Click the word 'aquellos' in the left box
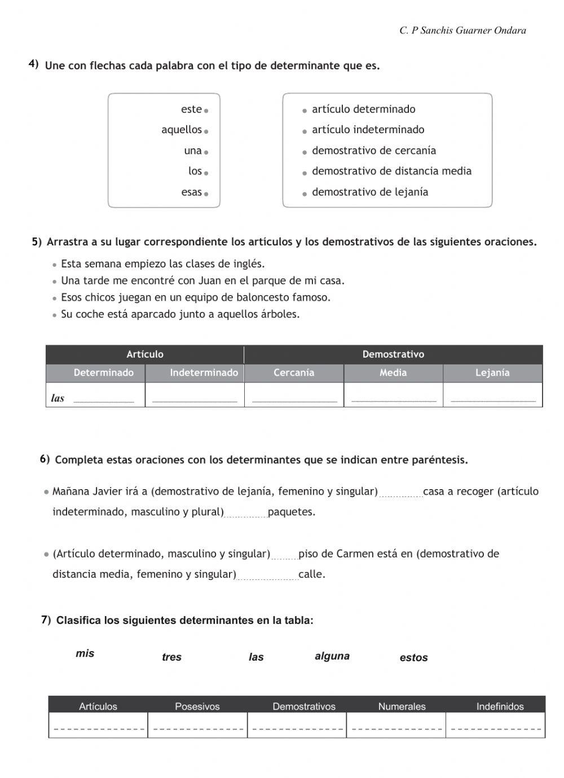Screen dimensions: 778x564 coord(181,130)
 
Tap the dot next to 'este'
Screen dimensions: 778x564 coord(206,111)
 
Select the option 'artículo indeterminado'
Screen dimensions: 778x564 coord(368,130)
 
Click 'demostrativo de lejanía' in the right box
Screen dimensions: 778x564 coord(369,192)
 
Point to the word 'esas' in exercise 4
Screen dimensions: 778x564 coord(191,192)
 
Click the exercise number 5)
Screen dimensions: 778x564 coord(37,242)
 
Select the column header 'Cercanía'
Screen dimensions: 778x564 coord(294,373)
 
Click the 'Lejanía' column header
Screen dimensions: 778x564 coord(492,373)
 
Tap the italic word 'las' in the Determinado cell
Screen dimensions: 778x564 coord(58,398)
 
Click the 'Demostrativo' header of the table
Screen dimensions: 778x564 coord(393,354)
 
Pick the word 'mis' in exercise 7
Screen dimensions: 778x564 coord(85,654)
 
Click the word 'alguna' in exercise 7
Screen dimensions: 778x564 coord(332,656)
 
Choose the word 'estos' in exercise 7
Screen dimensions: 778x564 coord(413,658)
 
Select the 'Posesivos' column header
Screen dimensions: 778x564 coord(197,706)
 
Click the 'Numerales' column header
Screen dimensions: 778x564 coord(402,706)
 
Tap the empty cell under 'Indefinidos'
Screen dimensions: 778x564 coord(496,726)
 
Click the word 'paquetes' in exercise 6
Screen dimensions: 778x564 coord(291,512)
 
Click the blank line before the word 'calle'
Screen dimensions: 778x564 coord(267,575)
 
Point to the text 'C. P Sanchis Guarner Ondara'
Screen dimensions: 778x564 coord(462,30)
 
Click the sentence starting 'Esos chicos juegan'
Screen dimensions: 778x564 coord(195,297)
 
